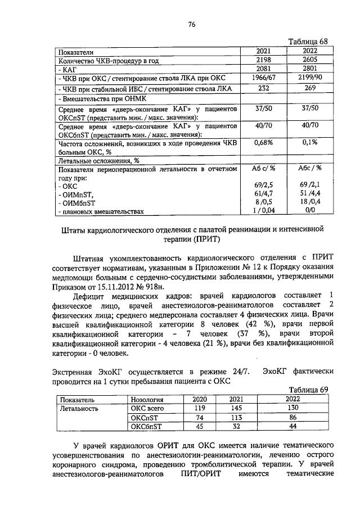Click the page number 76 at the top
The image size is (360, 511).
pos(191,24)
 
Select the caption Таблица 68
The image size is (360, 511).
pos(307,42)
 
